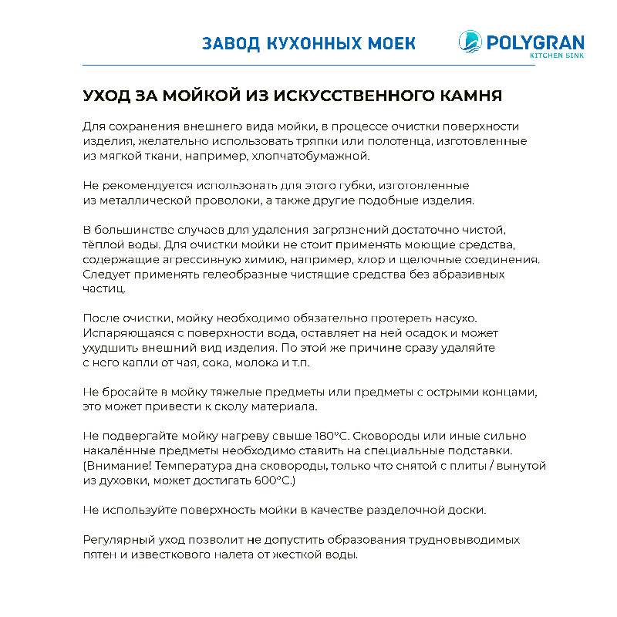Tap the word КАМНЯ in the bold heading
click(x=471, y=96)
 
